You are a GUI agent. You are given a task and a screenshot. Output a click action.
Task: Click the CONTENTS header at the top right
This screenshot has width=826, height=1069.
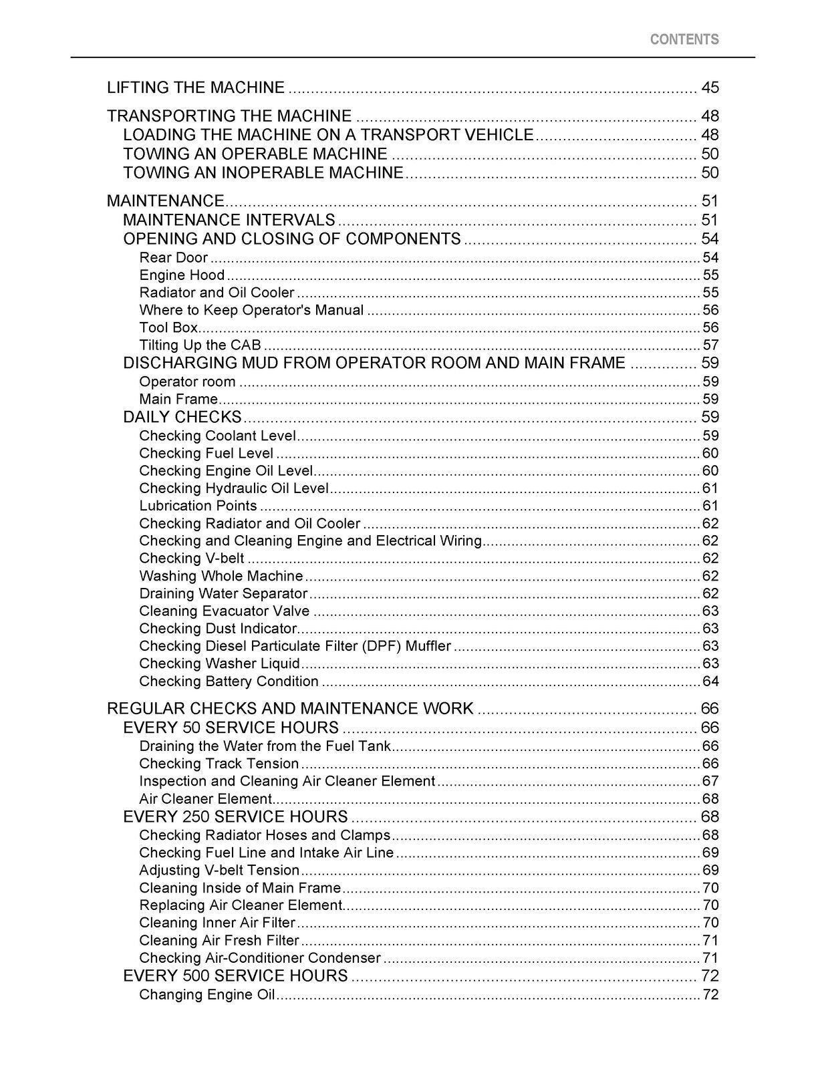point(684,39)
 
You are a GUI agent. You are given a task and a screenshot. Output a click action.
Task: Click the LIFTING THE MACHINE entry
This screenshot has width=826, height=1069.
point(196,88)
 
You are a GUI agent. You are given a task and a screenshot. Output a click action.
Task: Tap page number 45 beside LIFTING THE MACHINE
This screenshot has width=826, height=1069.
point(710,88)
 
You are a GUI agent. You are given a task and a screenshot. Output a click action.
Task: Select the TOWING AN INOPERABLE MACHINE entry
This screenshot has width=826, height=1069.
point(263,172)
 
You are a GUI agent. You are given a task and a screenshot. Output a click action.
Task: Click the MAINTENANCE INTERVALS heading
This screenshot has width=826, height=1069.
point(229,220)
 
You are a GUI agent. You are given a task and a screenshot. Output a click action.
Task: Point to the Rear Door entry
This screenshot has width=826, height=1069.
point(174,257)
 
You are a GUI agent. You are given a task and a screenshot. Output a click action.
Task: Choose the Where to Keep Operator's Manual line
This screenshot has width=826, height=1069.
point(251,310)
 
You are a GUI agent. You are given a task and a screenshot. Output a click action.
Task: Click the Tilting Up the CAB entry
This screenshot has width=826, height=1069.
point(200,345)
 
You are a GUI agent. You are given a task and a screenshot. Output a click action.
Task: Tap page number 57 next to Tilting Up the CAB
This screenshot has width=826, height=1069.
point(710,345)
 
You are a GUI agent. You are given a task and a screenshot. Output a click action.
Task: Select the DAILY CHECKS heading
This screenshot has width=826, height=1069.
point(182,417)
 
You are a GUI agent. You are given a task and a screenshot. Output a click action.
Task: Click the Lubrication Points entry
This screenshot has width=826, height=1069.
point(198,506)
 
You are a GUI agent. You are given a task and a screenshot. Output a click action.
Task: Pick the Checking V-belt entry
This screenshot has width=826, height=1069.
point(192,558)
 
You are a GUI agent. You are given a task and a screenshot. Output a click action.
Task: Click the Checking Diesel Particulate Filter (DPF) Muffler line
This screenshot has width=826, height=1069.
point(295,646)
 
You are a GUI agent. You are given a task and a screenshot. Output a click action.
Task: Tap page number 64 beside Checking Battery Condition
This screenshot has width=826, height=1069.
point(710,681)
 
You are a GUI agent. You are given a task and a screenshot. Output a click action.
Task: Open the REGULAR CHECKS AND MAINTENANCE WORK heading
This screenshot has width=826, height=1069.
point(290,708)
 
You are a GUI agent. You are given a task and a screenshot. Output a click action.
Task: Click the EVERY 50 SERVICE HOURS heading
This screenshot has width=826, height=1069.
point(231,728)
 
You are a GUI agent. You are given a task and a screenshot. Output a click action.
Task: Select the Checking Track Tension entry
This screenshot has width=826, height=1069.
point(219,764)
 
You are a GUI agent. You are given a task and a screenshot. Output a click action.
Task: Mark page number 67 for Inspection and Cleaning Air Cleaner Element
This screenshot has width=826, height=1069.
point(710,781)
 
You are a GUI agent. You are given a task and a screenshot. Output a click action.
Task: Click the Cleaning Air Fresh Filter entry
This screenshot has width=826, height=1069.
point(219,940)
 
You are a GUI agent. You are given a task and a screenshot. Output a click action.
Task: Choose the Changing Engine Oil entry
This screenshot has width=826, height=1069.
point(207,994)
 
